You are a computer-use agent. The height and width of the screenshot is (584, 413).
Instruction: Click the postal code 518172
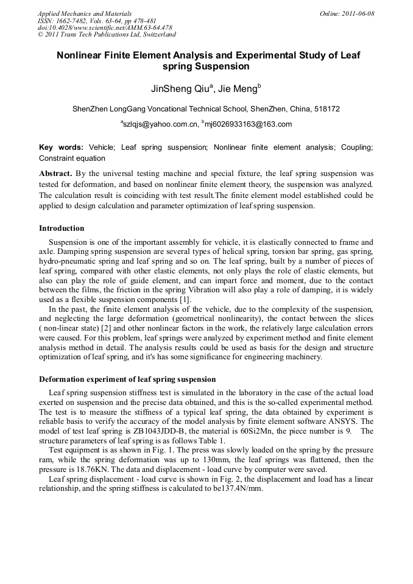327,109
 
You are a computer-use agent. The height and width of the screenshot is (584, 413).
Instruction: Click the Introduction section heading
62,228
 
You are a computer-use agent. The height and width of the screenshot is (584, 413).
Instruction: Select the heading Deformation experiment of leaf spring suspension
127,379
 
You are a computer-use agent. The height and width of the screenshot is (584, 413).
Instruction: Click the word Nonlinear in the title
81,55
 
